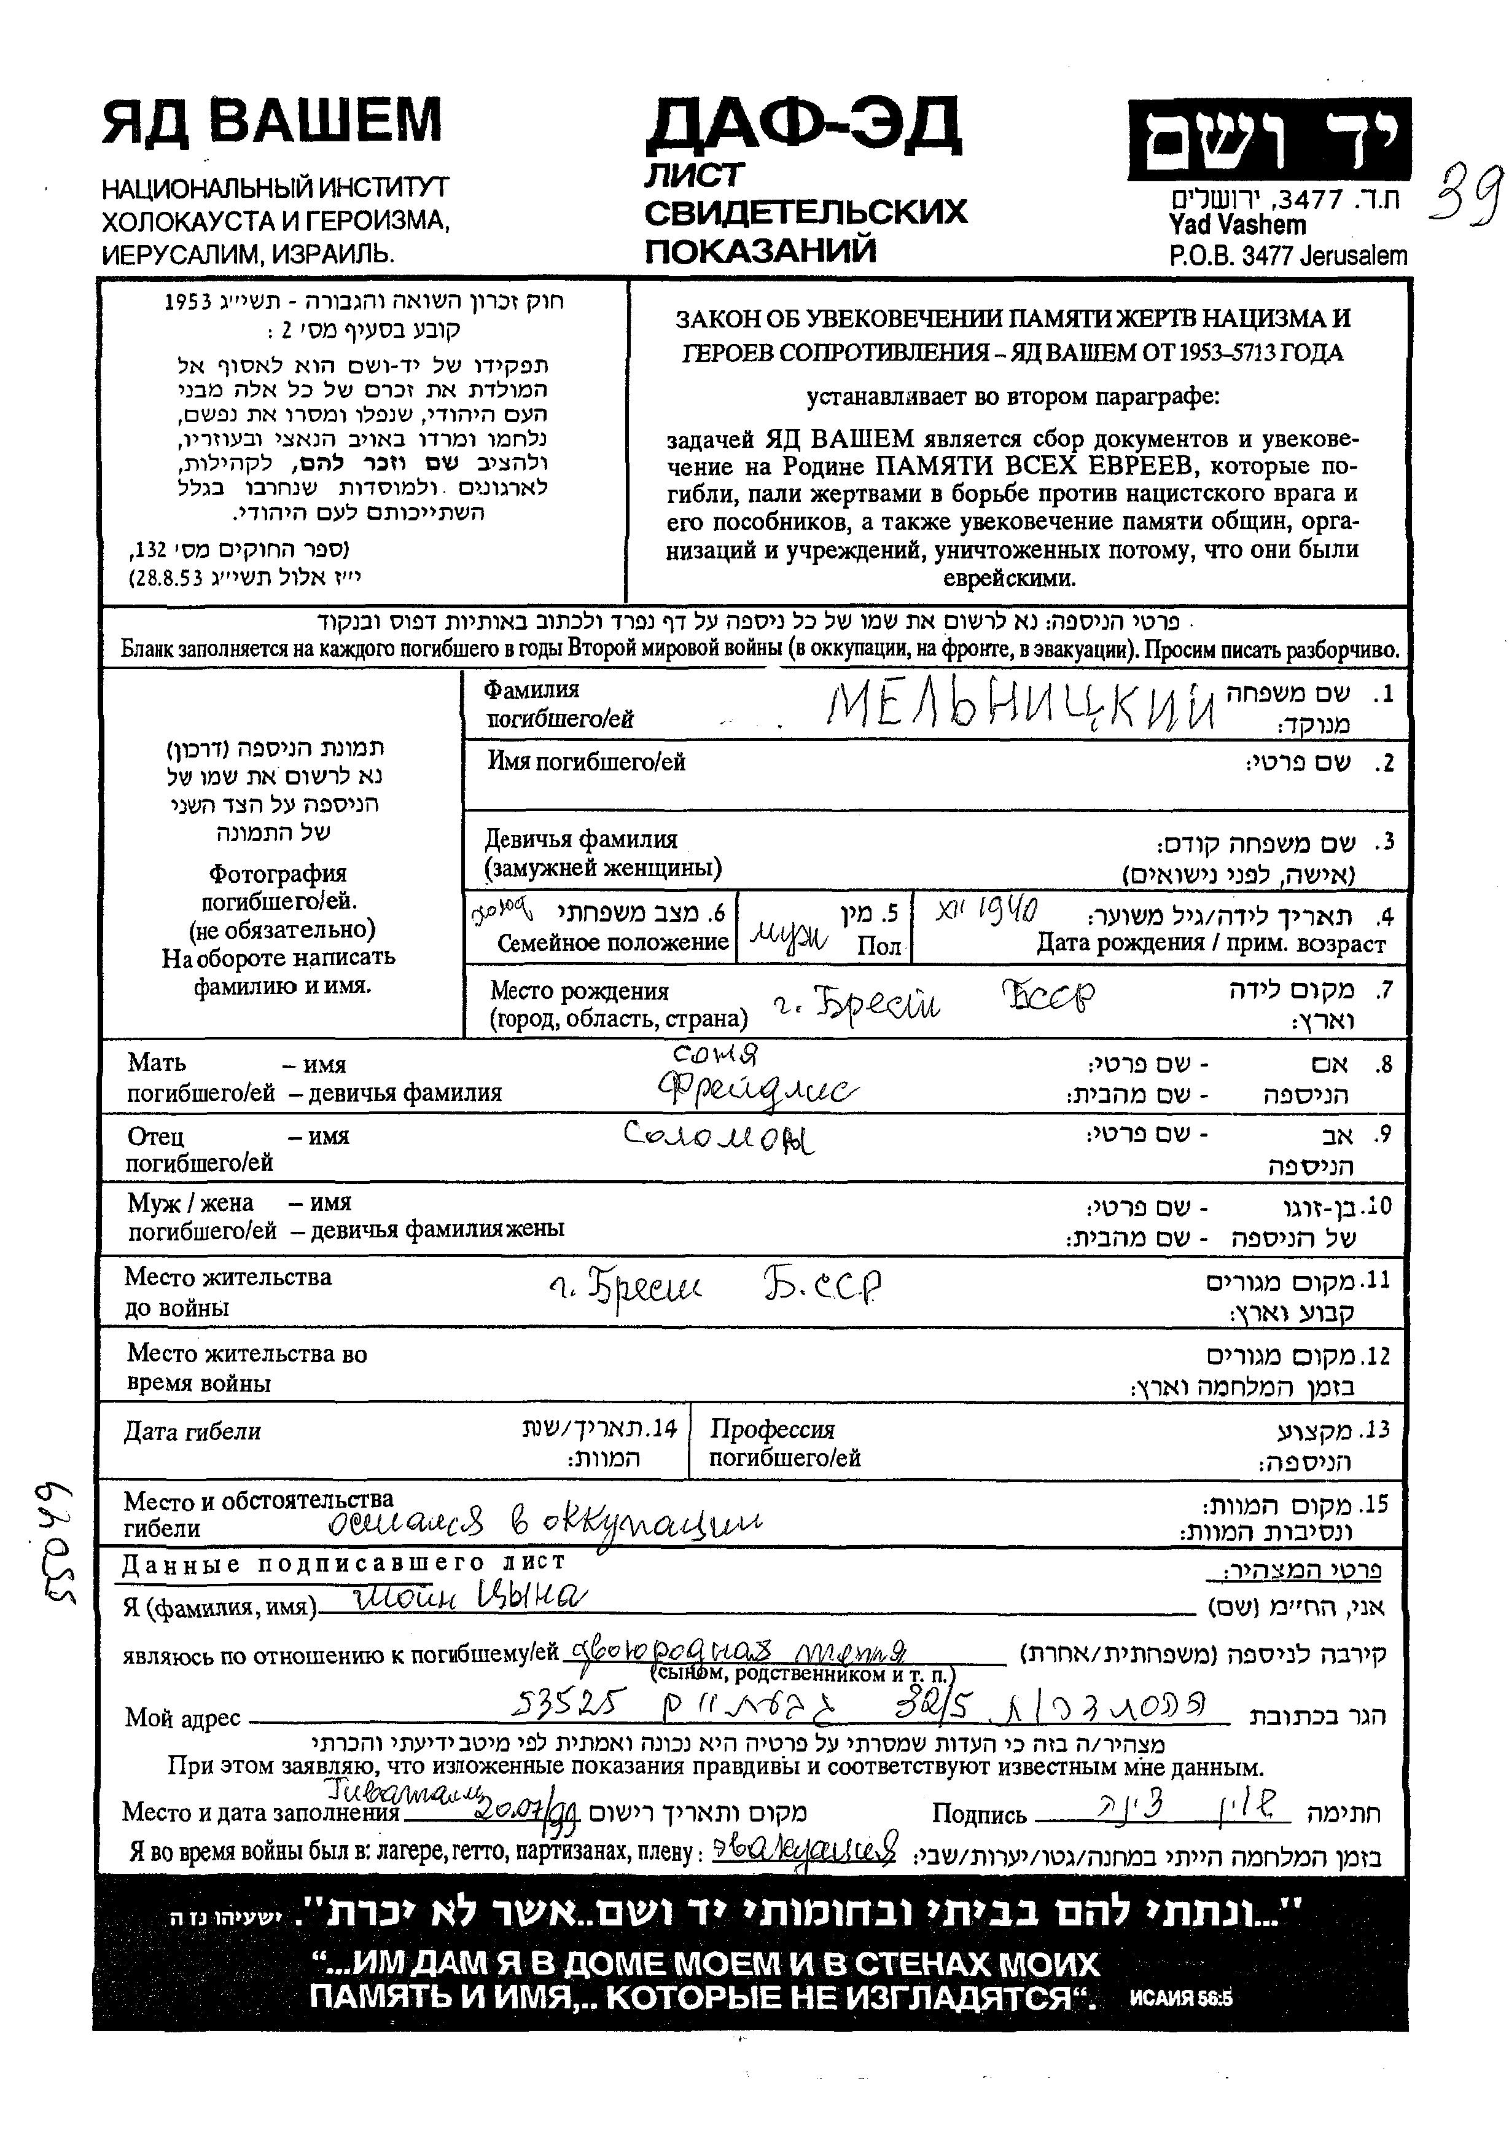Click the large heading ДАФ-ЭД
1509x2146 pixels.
[x=803, y=125]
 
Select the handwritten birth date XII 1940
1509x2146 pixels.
[x=987, y=909]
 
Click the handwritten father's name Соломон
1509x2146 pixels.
[x=719, y=1137]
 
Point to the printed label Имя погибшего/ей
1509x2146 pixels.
[x=586, y=762]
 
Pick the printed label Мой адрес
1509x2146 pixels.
[x=183, y=1717]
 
